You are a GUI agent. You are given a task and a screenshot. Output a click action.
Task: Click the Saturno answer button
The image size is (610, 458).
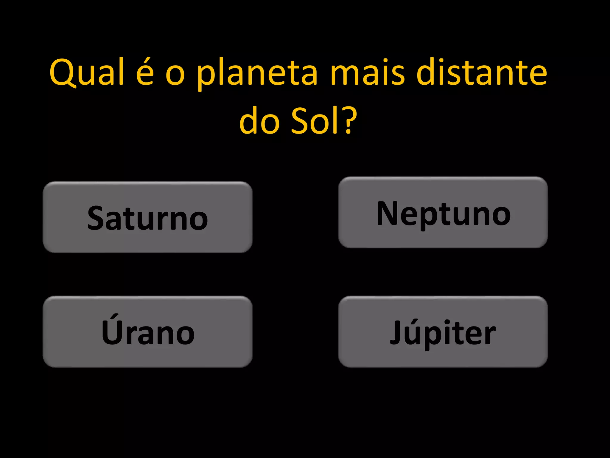(147, 217)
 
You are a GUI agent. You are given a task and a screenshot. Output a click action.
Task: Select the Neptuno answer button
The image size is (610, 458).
(443, 212)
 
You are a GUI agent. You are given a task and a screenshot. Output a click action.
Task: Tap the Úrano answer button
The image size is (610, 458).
(147, 332)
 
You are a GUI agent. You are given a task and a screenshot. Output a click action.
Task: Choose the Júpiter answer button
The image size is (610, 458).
(443, 332)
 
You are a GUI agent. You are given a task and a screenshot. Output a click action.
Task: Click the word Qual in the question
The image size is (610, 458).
(86, 72)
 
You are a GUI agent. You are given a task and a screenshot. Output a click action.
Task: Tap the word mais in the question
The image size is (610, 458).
(368, 72)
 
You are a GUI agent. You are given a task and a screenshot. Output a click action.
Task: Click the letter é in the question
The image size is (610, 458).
(145, 72)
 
